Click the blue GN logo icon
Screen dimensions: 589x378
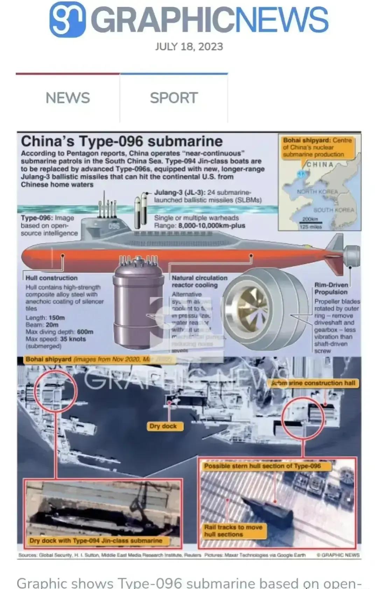68,19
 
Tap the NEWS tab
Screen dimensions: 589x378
68,98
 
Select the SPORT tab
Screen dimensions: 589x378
174,98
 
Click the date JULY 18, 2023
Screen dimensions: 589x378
189,47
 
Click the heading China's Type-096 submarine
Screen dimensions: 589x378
122,141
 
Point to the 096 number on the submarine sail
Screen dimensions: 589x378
114,226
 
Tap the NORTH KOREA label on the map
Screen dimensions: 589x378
317,192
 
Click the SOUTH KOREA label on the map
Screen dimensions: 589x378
334,210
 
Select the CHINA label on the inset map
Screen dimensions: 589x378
320,165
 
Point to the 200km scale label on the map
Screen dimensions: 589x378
310,219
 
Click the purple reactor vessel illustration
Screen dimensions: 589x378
139,301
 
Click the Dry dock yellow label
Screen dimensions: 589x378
163,426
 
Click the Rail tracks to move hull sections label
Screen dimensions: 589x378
233,531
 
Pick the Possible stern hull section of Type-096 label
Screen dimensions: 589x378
262,466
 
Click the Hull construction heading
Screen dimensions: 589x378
51,278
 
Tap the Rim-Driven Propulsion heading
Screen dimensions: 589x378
331,289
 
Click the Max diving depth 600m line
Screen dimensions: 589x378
59,332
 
